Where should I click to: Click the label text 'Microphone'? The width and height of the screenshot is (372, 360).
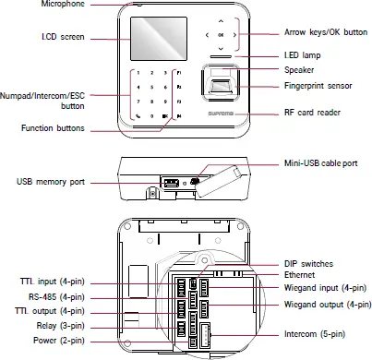coord(63,6)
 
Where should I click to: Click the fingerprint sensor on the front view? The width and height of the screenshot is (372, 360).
coord(221,90)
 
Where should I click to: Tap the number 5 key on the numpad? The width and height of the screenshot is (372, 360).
coord(150,86)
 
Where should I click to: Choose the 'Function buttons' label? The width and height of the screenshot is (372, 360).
coord(53,128)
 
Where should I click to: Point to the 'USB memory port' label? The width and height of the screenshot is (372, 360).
coord(51,183)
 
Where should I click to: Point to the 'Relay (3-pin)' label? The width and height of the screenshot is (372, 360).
coord(58,325)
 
